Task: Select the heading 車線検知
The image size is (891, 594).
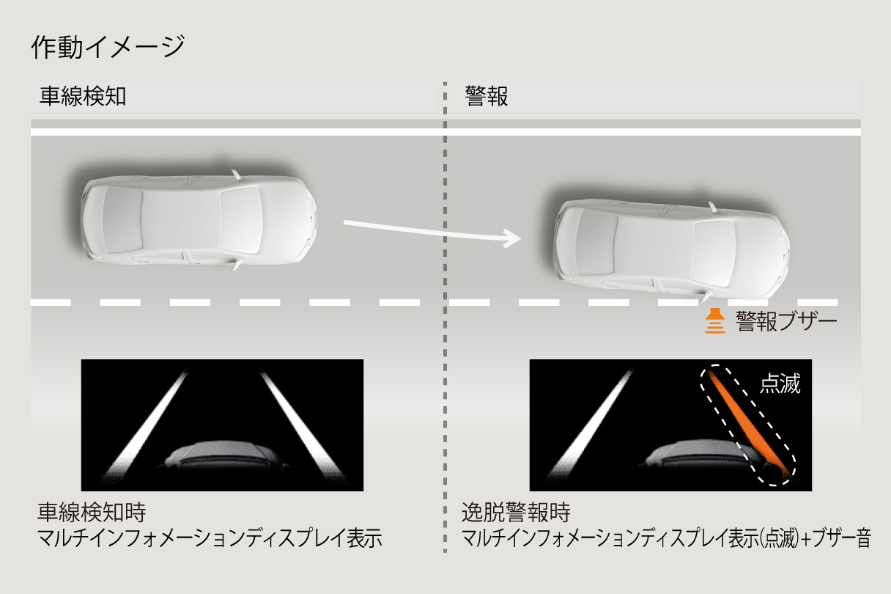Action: click(83, 97)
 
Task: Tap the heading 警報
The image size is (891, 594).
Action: click(487, 97)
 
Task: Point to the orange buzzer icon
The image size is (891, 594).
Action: click(714, 322)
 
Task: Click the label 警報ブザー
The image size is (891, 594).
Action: click(786, 321)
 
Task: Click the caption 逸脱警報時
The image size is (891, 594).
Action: click(516, 511)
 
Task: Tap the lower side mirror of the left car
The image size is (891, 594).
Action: click(235, 263)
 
